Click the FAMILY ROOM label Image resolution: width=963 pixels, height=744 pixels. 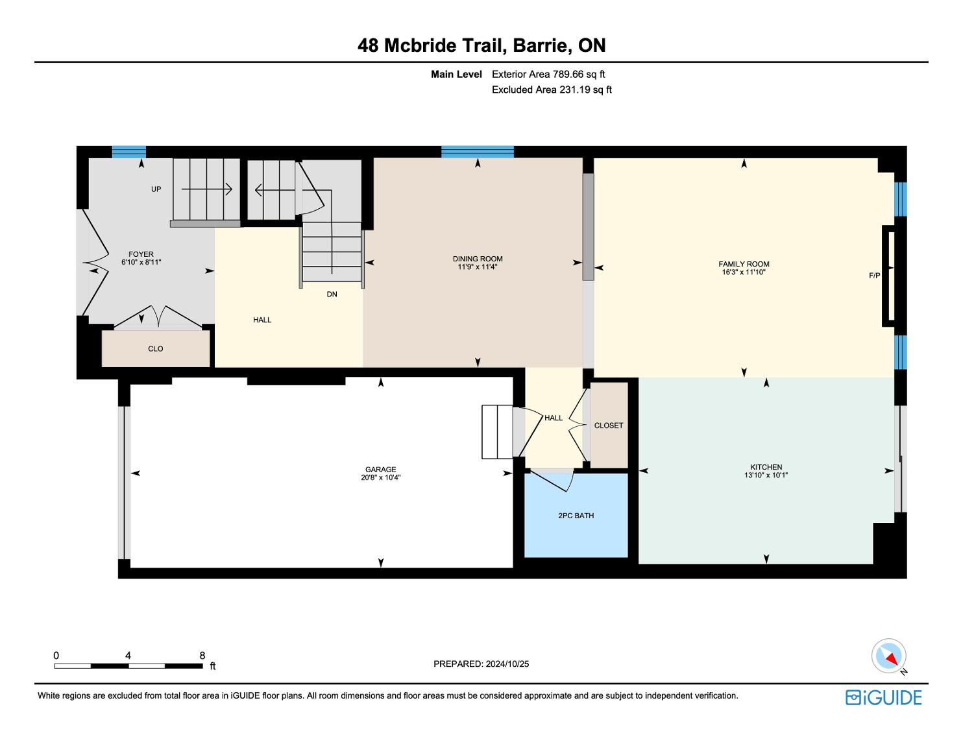tap(744, 264)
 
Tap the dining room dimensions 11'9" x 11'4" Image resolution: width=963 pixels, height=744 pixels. tap(478, 267)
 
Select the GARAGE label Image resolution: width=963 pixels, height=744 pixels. tap(381, 470)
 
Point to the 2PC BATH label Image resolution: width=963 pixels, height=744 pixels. tap(576, 516)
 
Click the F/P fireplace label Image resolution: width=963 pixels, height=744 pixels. tap(874, 276)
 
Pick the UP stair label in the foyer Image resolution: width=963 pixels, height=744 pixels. tap(156, 189)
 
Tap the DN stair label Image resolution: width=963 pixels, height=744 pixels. tap(332, 294)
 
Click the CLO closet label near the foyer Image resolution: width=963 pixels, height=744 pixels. tap(156, 348)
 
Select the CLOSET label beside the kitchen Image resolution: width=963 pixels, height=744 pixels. tap(609, 425)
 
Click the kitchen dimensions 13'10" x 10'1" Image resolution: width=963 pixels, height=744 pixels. tap(766, 475)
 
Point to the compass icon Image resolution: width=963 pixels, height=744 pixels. tap(888, 656)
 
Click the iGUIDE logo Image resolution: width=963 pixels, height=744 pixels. tap(883, 697)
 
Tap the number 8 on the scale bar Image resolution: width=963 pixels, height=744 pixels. tap(202, 655)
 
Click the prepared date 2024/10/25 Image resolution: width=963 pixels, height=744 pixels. tap(507, 664)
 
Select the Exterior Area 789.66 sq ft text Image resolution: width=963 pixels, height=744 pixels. tap(548, 75)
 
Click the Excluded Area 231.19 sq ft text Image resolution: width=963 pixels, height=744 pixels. tap(552, 90)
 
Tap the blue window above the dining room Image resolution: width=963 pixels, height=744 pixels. tap(478, 152)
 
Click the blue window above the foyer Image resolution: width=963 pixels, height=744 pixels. tap(129, 152)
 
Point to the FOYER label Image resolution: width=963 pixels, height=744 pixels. tap(141, 254)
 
